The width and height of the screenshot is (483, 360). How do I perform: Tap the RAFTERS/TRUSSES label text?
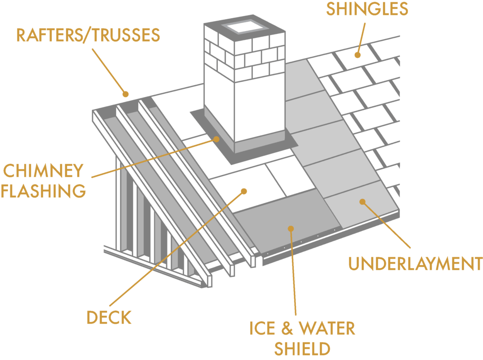[88, 35]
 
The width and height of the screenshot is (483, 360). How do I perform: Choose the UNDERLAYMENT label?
[415, 263]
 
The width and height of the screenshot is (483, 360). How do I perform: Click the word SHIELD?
[302, 349]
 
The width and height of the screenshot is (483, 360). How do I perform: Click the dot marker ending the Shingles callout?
[358, 55]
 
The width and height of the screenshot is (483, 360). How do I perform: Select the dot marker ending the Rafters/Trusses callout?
[125, 93]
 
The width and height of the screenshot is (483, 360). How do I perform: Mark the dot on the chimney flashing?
[217, 139]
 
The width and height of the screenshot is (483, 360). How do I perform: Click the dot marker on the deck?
[244, 191]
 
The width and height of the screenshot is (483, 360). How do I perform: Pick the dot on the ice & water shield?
[291, 229]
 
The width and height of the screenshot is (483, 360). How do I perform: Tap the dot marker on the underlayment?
[362, 202]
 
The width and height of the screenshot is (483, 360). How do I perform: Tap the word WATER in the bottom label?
[326, 328]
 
